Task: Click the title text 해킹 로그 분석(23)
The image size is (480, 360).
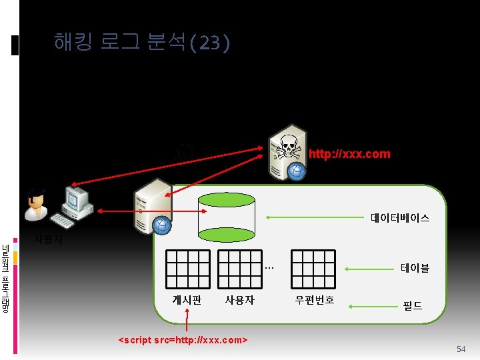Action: (x=142, y=43)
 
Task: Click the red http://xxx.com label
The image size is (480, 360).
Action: (x=349, y=154)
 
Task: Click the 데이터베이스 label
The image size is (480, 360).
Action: (x=400, y=218)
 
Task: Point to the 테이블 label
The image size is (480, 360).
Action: (x=415, y=268)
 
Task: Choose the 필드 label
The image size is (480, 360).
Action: (x=412, y=306)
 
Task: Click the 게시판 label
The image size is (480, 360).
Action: (x=187, y=300)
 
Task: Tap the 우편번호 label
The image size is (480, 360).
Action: (x=315, y=300)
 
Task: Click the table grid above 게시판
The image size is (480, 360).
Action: (x=188, y=269)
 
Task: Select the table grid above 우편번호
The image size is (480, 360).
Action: (x=314, y=269)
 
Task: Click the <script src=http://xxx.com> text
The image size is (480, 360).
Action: (x=183, y=340)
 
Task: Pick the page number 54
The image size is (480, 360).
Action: (x=461, y=349)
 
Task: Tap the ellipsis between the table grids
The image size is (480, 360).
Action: (x=269, y=268)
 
